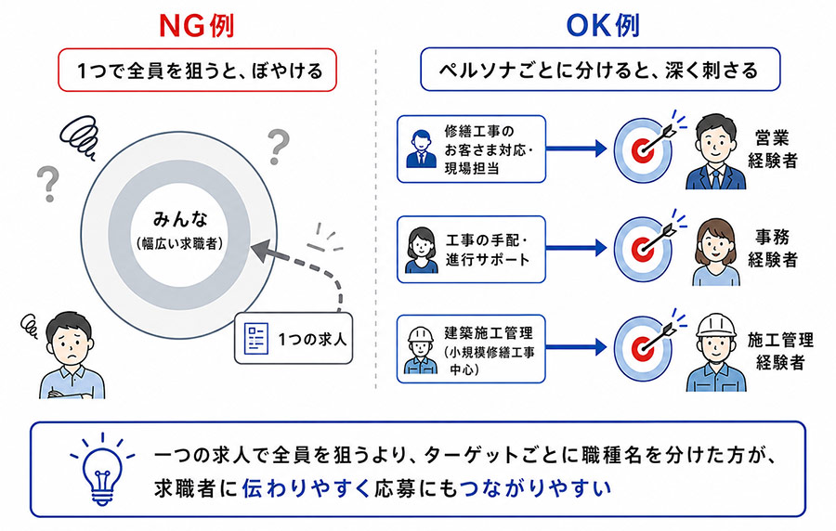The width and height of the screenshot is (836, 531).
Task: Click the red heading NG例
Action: click(x=197, y=26)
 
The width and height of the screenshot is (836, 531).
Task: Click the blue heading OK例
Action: click(x=603, y=26)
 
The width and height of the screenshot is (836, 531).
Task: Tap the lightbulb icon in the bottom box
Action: click(x=102, y=469)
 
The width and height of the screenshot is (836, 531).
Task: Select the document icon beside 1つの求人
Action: click(x=256, y=339)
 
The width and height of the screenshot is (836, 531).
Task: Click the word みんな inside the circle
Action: click(x=180, y=219)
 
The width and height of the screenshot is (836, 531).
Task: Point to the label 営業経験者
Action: click(x=772, y=149)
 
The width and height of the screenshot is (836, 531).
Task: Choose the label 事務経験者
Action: click(x=772, y=248)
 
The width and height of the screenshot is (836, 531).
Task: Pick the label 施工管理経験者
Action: click(x=780, y=351)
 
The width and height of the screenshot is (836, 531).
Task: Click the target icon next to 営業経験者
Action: click(x=643, y=149)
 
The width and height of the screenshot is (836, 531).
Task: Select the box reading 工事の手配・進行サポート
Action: click(x=471, y=250)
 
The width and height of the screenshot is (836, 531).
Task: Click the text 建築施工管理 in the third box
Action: click(x=489, y=333)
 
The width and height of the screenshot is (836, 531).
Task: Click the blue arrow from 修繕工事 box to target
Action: click(x=577, y=149)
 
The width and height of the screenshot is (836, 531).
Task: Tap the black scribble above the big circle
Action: click(x=79, y=136)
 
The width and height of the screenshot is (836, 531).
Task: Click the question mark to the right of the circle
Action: click(x=278, y=147)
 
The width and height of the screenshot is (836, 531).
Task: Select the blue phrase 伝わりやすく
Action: click(x=306, y=488)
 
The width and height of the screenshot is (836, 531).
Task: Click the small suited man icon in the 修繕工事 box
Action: click(x=421, y=149)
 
